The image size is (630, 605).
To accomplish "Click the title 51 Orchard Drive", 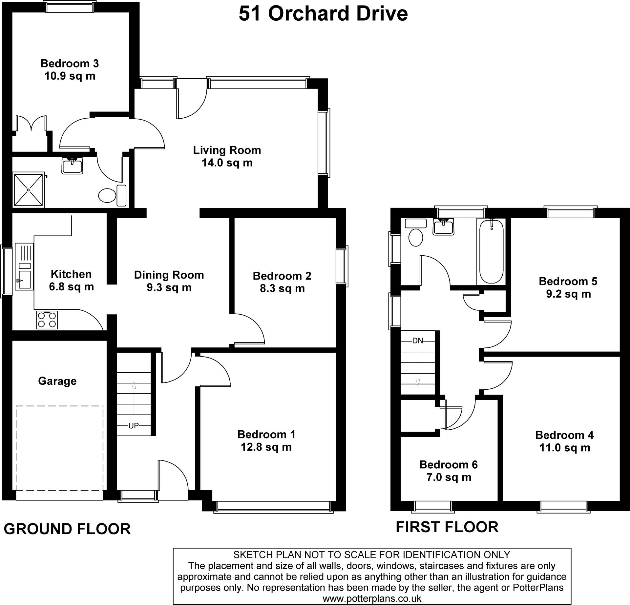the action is point(323,14).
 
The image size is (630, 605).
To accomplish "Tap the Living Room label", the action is point(227,150).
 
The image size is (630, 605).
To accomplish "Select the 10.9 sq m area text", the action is point(70,76).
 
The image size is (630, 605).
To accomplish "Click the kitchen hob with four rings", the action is point(47,320).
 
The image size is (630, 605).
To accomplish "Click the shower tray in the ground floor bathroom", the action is point(29,190).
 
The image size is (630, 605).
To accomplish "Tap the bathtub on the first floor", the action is point(491,252).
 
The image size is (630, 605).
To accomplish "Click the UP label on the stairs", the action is point(134,425).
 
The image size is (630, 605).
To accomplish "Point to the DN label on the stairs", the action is point(418,341).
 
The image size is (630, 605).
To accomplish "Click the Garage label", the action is point(57,381).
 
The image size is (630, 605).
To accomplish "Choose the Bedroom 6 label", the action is point(449,464).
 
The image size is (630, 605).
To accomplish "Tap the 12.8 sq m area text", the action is point(266,447).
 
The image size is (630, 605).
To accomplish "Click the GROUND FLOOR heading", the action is point(67,529).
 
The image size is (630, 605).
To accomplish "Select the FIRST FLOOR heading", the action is point(447,527).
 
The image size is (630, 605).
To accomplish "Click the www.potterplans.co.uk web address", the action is point(372,598).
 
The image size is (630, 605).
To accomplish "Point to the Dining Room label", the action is point(169,275).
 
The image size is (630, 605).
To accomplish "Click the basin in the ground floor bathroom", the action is point(72,166).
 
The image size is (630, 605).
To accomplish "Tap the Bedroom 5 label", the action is point(568,281).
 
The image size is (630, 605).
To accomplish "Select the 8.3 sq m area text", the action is point(282,288).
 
